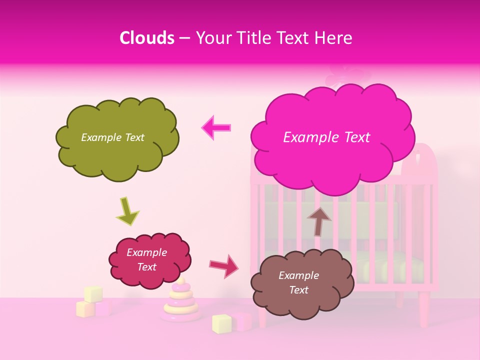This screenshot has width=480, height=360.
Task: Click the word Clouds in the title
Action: (x=147, y=38)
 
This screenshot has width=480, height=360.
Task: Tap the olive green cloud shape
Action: (x=117, y=150)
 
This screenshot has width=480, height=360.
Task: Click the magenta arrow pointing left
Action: (x=216, y=128)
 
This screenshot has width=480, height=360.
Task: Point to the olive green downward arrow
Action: (x=127, y=210)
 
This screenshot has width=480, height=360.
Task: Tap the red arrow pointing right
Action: (x=224, y=266)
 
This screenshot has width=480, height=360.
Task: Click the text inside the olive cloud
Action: (x=112, y=137)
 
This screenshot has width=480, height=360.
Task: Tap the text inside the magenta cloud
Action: (x=326, y=137)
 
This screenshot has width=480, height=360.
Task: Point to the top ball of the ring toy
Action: (x=180, y=281)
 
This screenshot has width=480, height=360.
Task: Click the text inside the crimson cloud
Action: (x=147, y=259)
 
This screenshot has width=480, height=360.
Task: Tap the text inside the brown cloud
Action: (x=298, y=282)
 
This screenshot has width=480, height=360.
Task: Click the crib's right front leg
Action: (x=424, y=310)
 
